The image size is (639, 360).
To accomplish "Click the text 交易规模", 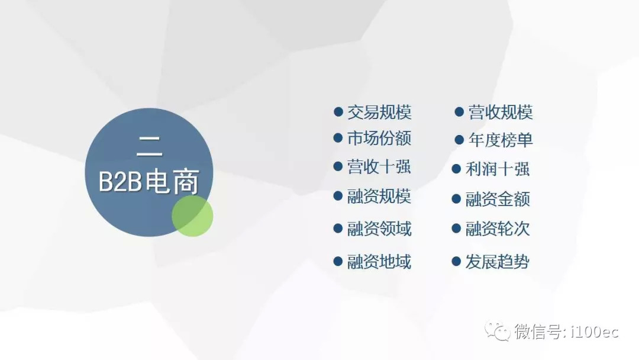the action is pyautogui.click(x=379, y=112).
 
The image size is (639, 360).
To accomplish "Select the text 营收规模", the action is pyautogui.click(x=501, y=112).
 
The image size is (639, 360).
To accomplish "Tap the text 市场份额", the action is pyautogui.click(x=379, y=138).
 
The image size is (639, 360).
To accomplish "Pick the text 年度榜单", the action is pyautogui.click(x=501, y=140).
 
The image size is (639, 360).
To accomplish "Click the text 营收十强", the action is pyautogui.click(x=379, y=167).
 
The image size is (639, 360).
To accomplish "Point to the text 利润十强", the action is pyautogui.click(x=498, y=169).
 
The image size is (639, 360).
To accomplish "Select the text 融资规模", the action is pyautogui.click(x=379, y=196).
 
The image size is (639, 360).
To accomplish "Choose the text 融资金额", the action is pyautogui.click(x=498, y=199).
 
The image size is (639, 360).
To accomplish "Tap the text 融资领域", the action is pyautogui.click(x=379, y=229).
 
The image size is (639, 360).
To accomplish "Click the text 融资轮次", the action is pyautogui.click(x=498, y=229).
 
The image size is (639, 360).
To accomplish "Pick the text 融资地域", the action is pyautogui.click(x=379, y=262).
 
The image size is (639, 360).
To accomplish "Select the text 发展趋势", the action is pyautogui.click(x=498, y=262).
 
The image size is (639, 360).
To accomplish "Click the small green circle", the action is pyautogui.click(x=192, y=216).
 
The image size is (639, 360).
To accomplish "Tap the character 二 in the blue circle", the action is pyautogui.click(x=150, y=146).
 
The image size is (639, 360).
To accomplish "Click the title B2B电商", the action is pyautogui.click(x=149, y=181).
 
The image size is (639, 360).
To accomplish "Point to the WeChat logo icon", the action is pyautogui.click(x=497, y=331).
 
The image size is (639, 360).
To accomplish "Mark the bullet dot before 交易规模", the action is pyautogui.click(x=338, y=112).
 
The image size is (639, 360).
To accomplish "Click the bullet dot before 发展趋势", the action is pyautogui.click(x=456, y=261).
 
